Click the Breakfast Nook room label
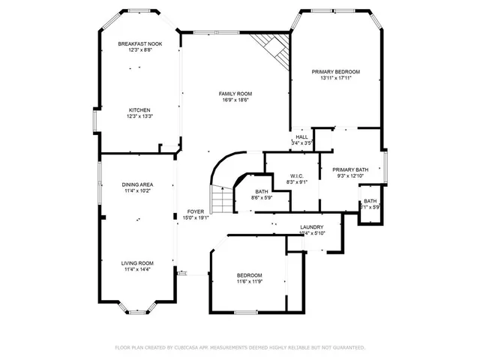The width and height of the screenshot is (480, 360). click(x=139, y=44)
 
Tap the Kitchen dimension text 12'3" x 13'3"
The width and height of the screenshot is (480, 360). click(x=139, y=116)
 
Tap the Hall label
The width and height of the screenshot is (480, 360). click(x=301, y=136)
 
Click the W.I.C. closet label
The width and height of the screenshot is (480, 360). click(x=297, y=175)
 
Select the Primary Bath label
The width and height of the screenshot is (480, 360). click(x=350, y=169)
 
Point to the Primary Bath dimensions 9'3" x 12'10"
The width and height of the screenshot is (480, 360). click(x=350, y=176)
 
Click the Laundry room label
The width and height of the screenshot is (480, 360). click(x=311, y=227)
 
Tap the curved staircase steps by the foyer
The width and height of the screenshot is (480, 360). click(x=220, y=196)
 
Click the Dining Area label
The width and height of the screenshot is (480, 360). click(x=138, y=184)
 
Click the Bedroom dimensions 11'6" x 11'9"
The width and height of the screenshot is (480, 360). click(x=250, y=282)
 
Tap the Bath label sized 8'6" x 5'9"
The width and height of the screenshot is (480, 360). click(x=262, y=191)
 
